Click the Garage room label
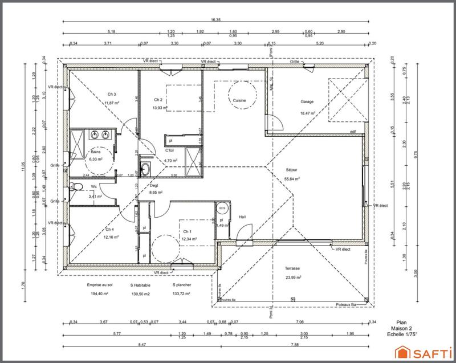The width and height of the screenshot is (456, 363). point(307,102)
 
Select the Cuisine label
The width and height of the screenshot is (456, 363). point(239,100)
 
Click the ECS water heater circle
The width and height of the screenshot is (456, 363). point(222,208)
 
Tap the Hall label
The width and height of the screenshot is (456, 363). point(242,217)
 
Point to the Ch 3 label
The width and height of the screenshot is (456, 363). point(112,94)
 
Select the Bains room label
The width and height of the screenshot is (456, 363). point(96,152)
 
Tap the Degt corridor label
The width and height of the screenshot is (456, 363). point(154,186)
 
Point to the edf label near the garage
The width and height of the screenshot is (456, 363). point(352,132)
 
